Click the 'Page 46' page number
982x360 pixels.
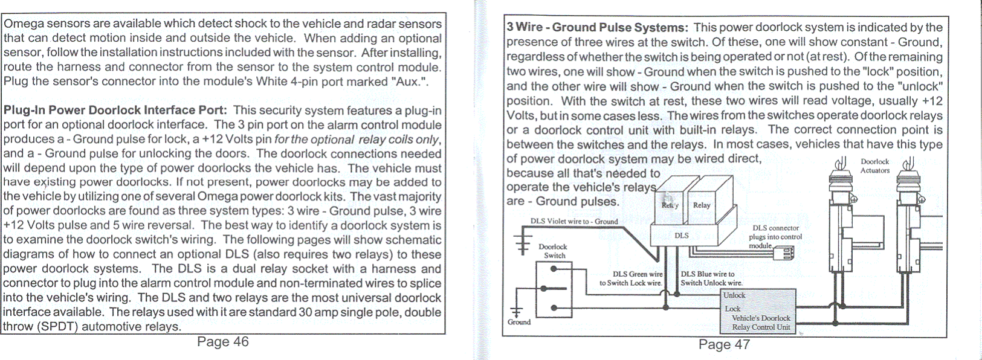[222, 342]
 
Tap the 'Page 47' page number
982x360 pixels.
[723, 344]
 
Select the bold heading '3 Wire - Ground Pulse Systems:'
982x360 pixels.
[597, 28]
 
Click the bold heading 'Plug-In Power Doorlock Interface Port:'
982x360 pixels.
[115, 111]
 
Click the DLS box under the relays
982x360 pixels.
[682, 236]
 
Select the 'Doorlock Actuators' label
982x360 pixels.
[874, 166]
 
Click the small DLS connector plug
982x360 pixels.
[784, 254]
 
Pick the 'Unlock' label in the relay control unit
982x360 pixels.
[734, 295]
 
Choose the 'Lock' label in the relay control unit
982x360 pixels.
[732, 309]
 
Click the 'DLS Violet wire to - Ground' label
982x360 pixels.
[574, 222]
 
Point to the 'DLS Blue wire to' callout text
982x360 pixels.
[708, 274]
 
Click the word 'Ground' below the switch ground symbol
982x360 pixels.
[519, 322]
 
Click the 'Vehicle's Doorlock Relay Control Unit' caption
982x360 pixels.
[761, 323]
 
